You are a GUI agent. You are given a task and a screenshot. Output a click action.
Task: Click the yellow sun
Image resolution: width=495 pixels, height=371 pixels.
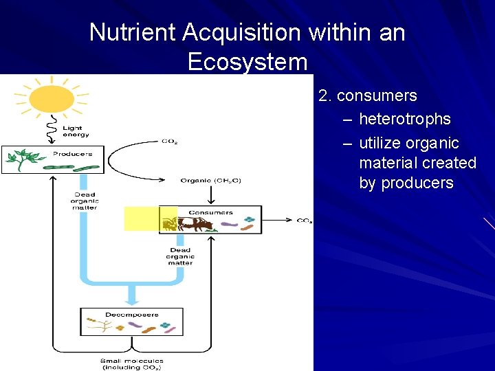52,97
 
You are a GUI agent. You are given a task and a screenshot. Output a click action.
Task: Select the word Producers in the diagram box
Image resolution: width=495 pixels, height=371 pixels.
73,154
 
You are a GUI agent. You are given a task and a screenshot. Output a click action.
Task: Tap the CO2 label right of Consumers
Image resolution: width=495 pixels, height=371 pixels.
304,221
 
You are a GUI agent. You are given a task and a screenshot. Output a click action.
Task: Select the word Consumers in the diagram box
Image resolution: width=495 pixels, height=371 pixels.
210,213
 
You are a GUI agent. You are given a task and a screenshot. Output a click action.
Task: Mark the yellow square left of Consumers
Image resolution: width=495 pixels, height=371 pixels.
141,218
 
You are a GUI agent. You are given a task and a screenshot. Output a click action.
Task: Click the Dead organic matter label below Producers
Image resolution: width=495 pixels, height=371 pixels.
85,201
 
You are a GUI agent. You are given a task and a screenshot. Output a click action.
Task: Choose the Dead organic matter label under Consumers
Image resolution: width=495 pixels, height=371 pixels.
179,256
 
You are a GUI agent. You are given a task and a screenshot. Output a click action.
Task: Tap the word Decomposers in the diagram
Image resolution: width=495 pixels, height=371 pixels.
132,315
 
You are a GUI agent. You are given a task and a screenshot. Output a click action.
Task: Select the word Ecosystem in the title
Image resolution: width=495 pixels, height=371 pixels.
247,62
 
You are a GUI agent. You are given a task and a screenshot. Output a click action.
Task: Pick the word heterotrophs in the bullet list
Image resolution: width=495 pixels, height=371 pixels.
405,119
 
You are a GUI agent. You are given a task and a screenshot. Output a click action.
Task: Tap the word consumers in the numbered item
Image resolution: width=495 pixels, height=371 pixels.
377,95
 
